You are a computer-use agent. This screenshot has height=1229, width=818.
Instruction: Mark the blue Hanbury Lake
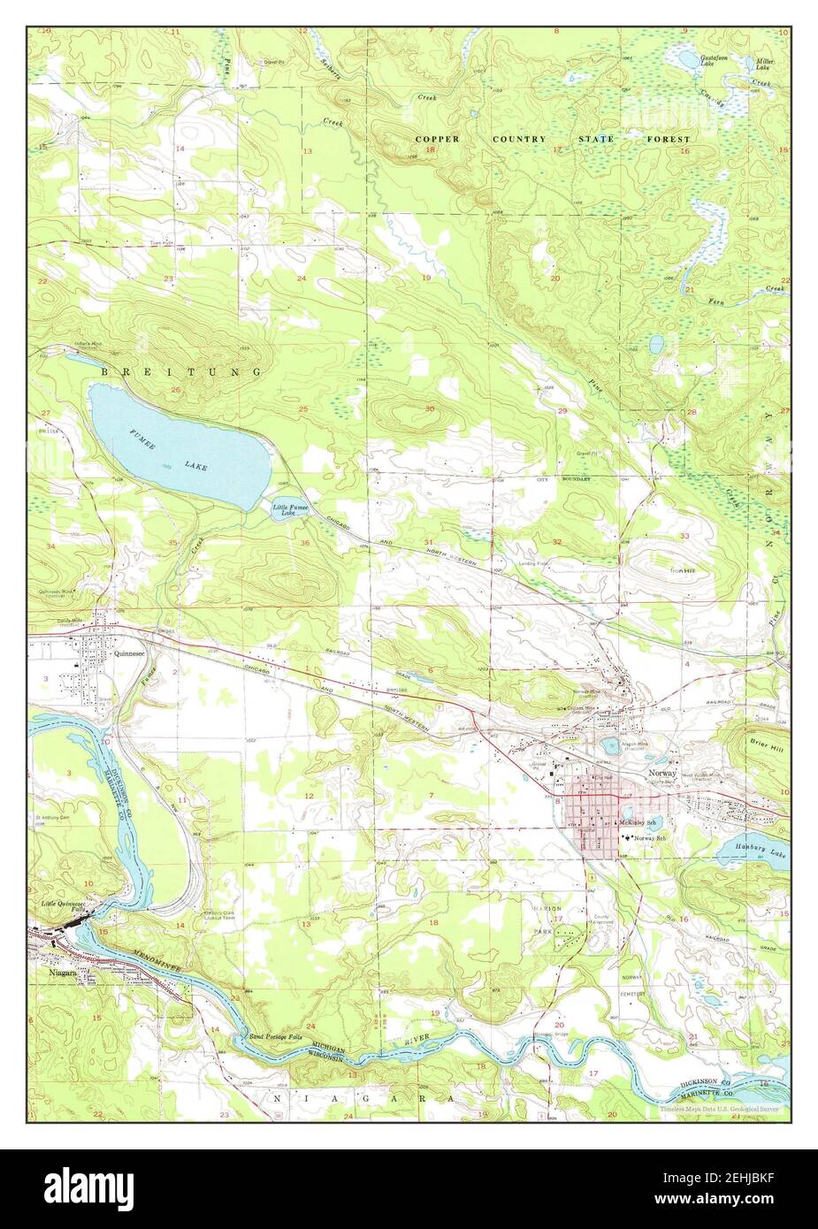tap(747, 851)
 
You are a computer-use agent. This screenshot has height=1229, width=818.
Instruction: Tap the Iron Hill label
tap(683, 571)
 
